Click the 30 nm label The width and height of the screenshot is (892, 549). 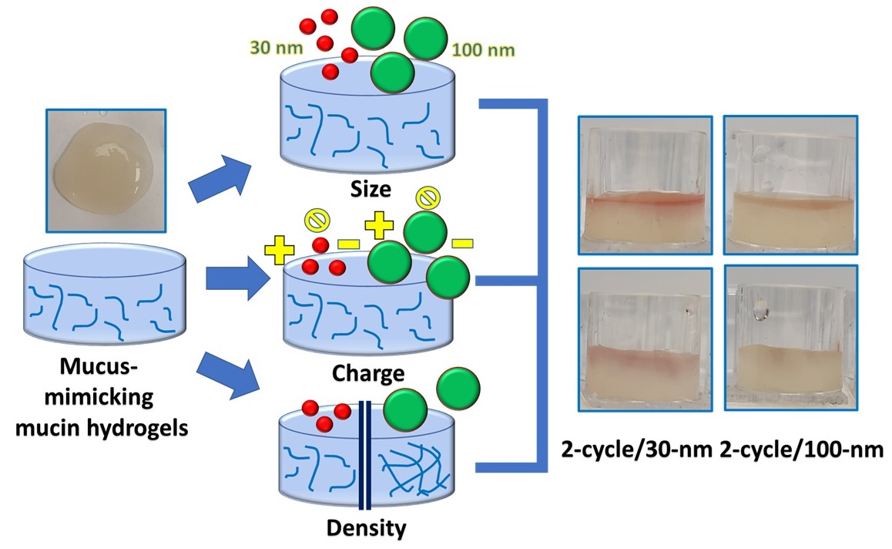pyautogui.click(x=273, y=48)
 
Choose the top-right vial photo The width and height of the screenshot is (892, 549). pyautogui.click(x=790, y=184)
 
